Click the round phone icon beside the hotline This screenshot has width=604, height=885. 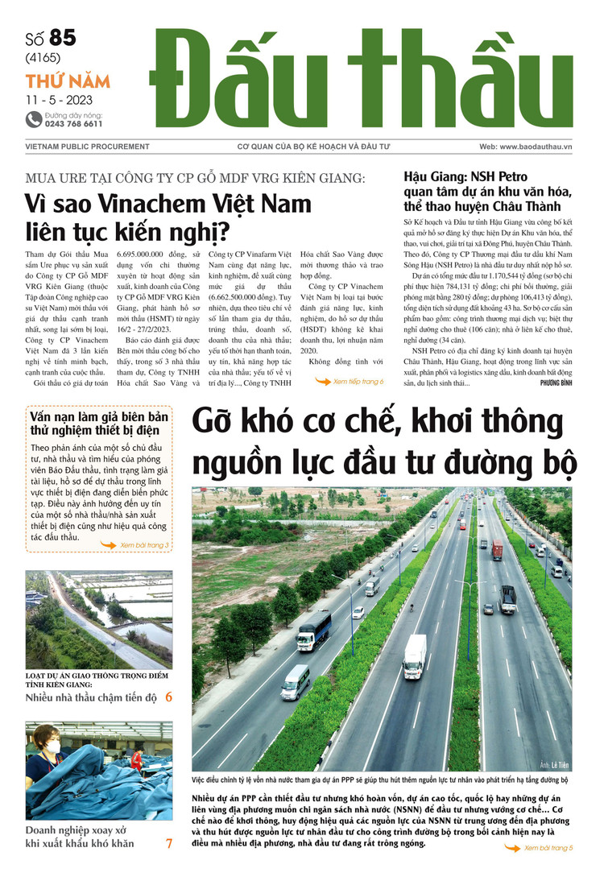tap(33, 119)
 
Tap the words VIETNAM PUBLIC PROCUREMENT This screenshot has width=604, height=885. tap(77, 147)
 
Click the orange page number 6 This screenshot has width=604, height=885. tap(168, 697)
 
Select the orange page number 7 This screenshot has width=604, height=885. tap(168, 844)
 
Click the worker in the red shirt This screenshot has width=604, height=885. tap(137, 760)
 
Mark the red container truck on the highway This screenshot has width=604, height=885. tap(497, 550)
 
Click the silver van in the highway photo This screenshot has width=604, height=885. tap(296, 681)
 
